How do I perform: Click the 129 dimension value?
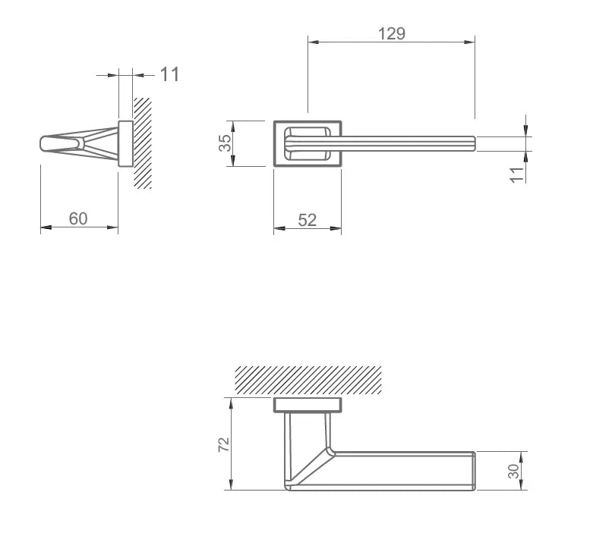point(392,33)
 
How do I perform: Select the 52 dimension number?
point(307,220)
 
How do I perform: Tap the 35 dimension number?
point(225,143)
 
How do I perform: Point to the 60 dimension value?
point(78,218)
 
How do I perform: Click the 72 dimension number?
point(224,444)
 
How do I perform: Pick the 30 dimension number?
point(513,471)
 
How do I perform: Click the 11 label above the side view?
point(169,74)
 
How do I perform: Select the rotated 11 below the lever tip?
point(517,175)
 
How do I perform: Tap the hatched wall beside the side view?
point(143,143)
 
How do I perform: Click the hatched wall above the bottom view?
point(308,380)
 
